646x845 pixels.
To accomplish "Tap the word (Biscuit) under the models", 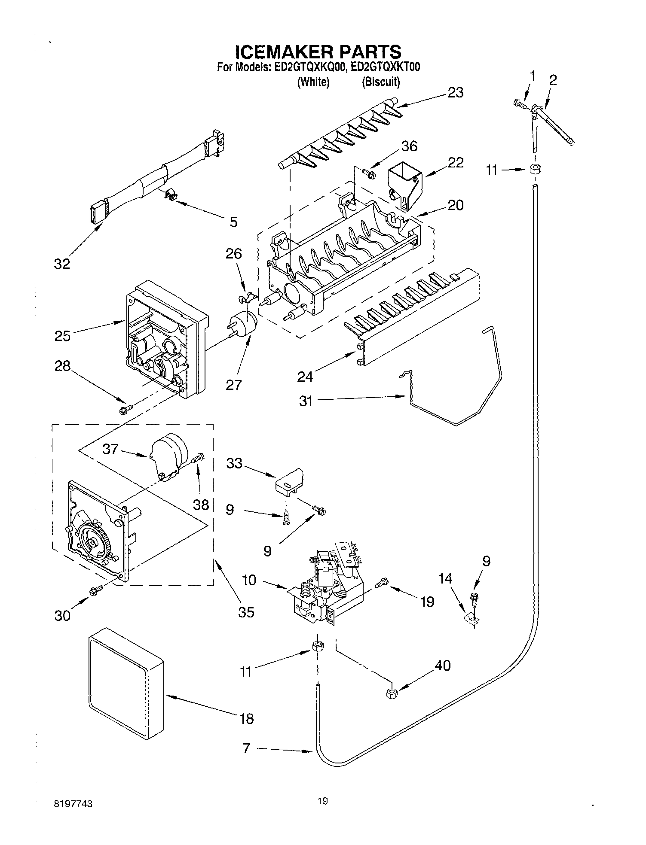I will click(381, 82).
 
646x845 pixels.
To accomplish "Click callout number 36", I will click(409, 146).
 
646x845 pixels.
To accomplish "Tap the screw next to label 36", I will click(368, 173).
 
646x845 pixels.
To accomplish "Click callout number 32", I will click(62, 264).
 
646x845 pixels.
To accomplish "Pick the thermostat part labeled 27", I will click(242, 322).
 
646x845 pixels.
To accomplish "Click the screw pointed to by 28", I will click(125, 410).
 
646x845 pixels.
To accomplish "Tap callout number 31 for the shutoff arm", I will click(306, 401).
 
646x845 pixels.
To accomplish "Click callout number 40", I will click(443, 666).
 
